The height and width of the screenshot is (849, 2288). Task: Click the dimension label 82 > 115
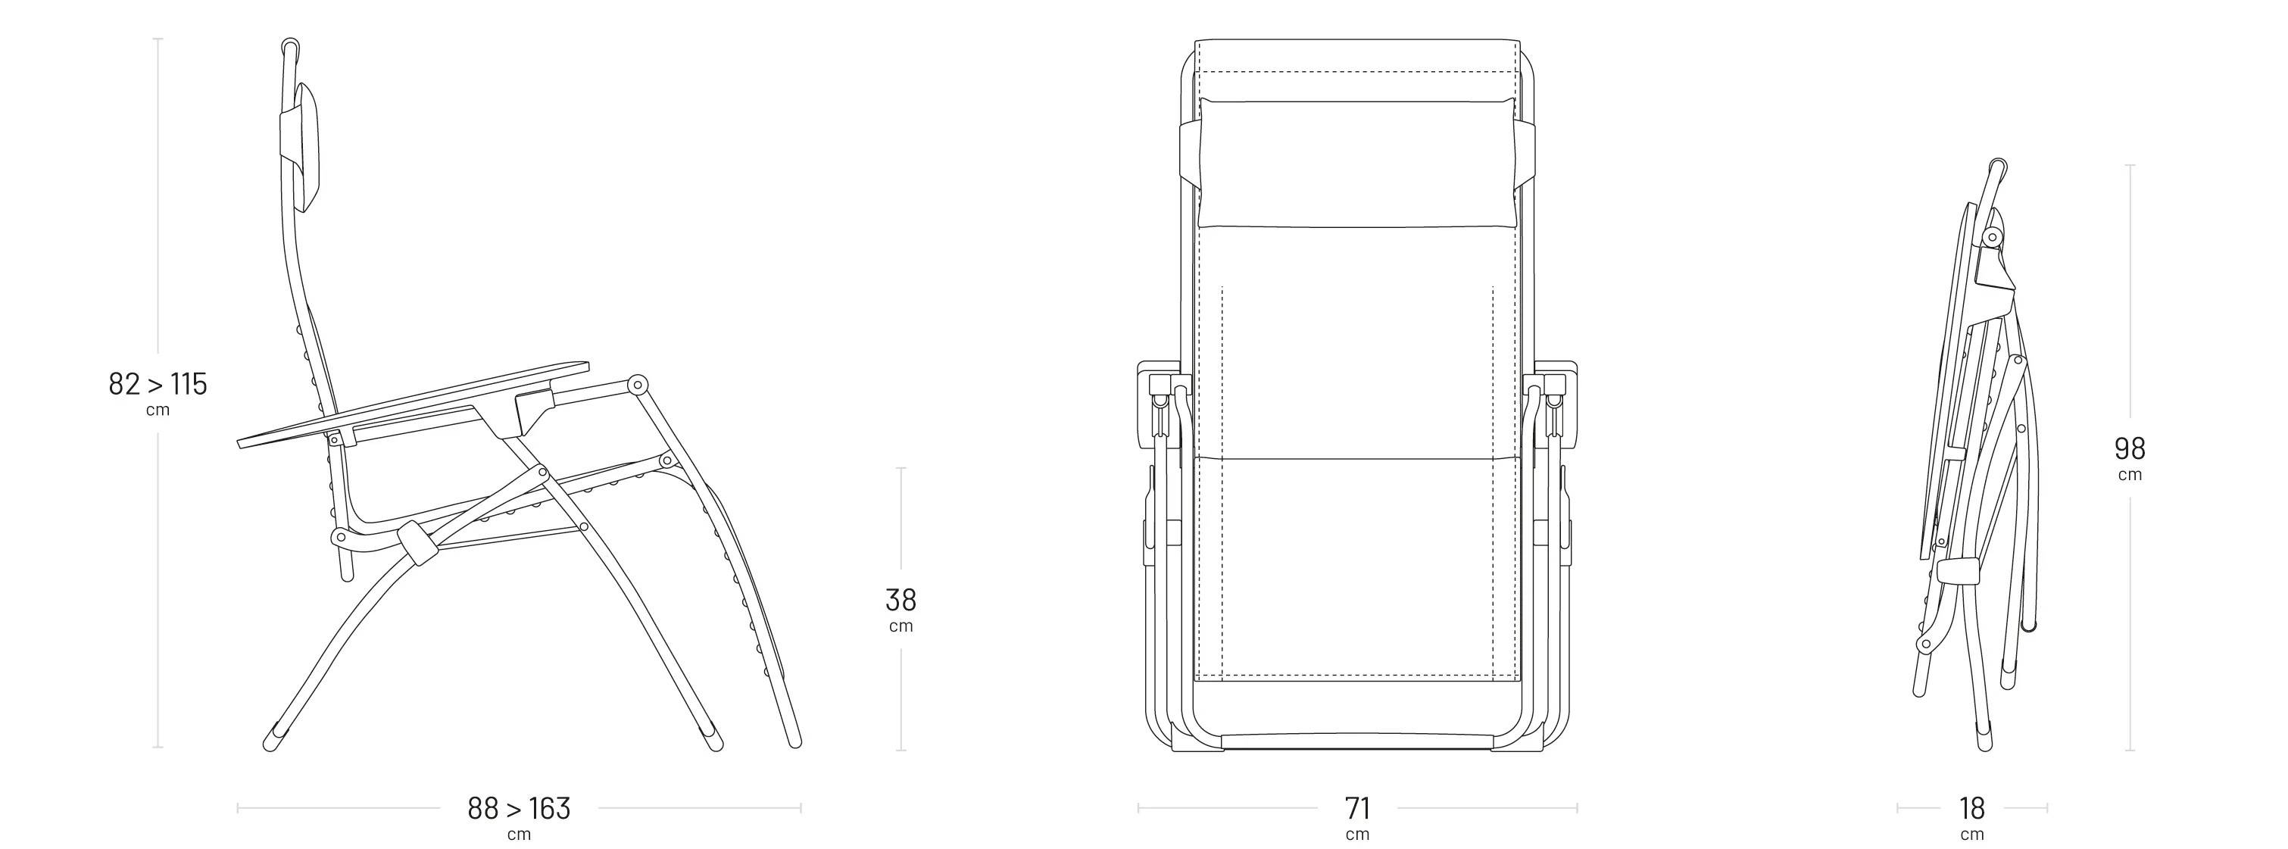[x=158, y=384]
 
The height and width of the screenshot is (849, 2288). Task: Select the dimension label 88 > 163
[x=519, y=808]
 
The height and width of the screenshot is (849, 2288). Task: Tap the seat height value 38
[x=901, y=601]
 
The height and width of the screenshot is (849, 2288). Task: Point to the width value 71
[x=1358, y=808]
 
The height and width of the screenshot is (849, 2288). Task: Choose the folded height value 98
[x=2130, y=448]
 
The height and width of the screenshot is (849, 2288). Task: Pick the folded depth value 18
[x=1972, y=808]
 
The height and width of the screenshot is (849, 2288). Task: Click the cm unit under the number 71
[x=1358, y=835]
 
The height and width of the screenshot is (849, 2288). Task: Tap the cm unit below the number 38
[x=901, y=627]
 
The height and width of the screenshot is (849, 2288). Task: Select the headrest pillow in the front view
[x=1357, y=163]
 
